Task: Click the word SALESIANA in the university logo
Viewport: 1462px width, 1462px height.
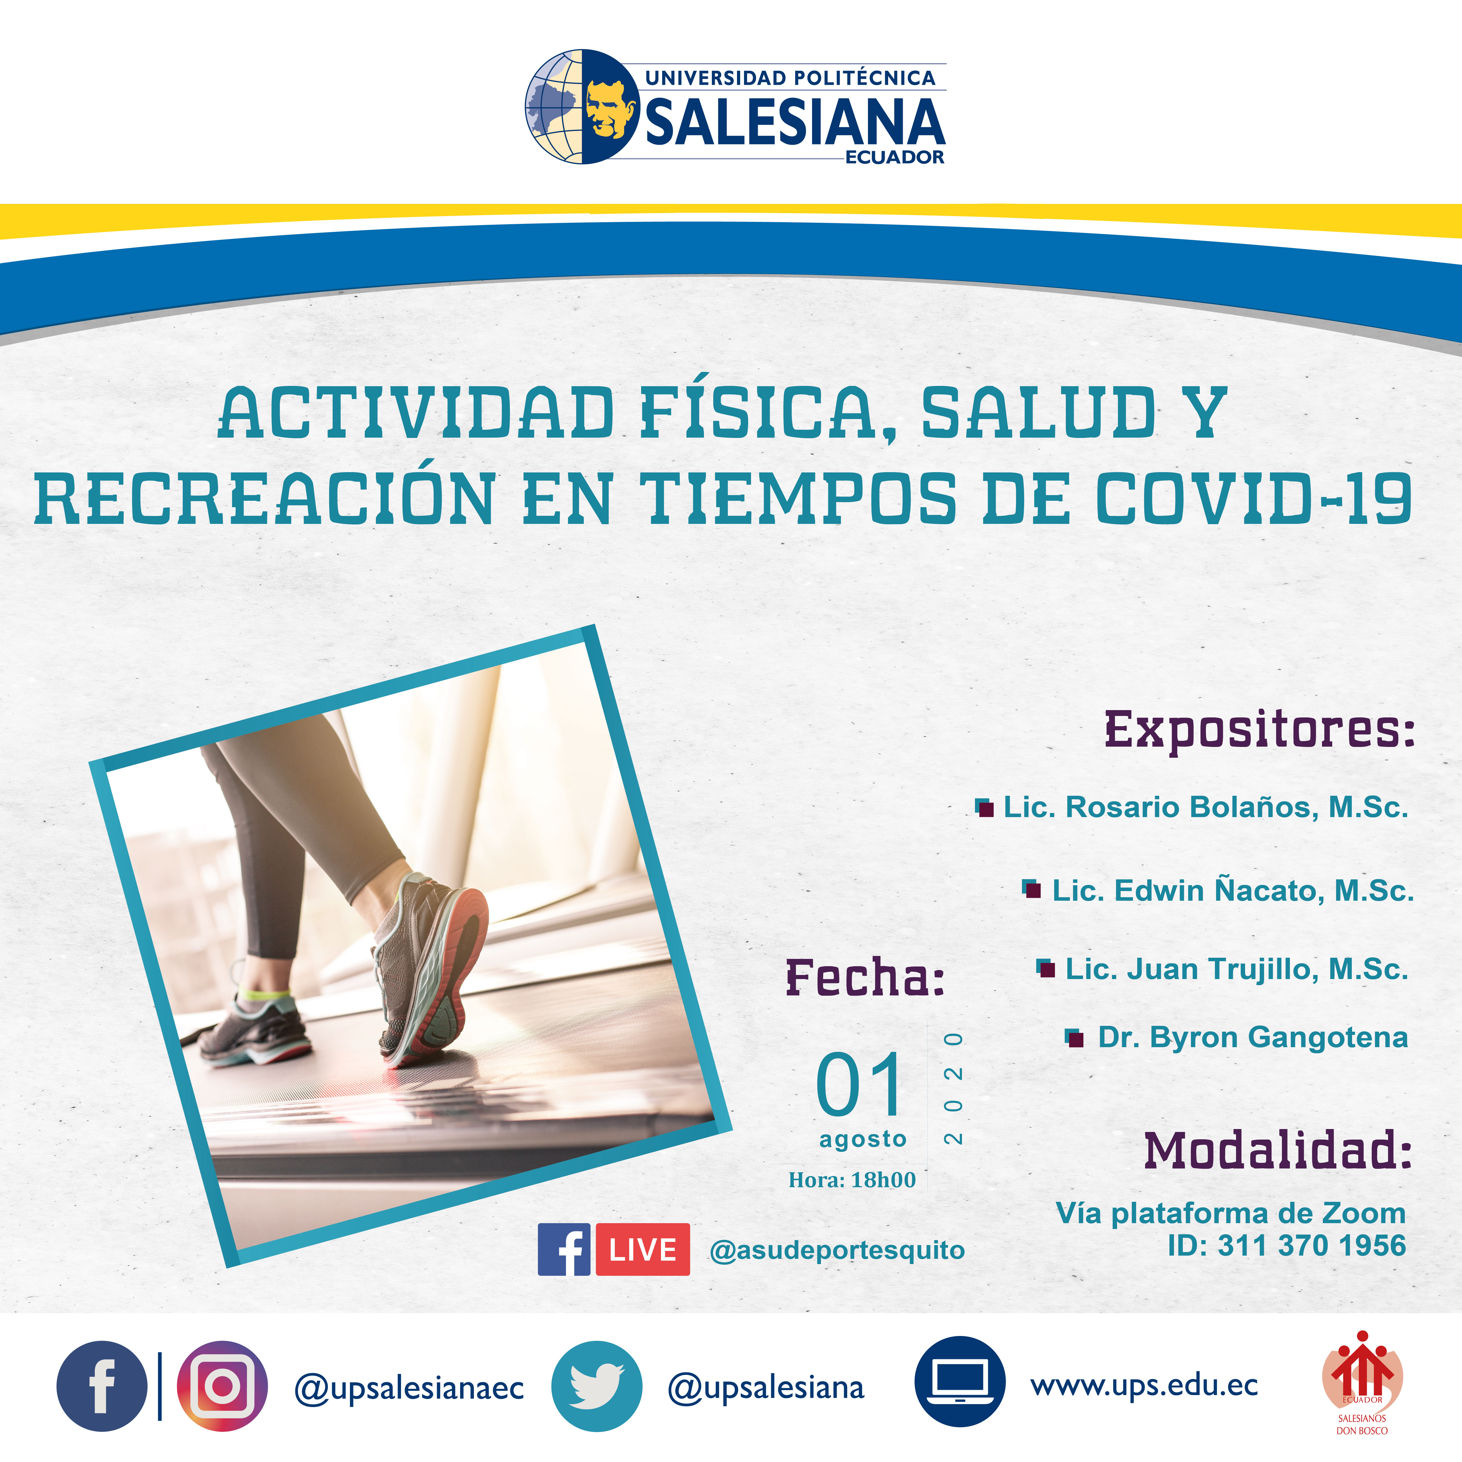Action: [795, 121]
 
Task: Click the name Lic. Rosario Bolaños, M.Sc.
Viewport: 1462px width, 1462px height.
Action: [1205, 807]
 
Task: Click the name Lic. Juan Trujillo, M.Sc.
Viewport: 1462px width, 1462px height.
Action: [1237, 969]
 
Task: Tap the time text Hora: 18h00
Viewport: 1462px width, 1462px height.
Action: [852, 1180]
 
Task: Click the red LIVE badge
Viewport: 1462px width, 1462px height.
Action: [643, 1249]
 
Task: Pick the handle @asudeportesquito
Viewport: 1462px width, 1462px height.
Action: [837, 1250]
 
